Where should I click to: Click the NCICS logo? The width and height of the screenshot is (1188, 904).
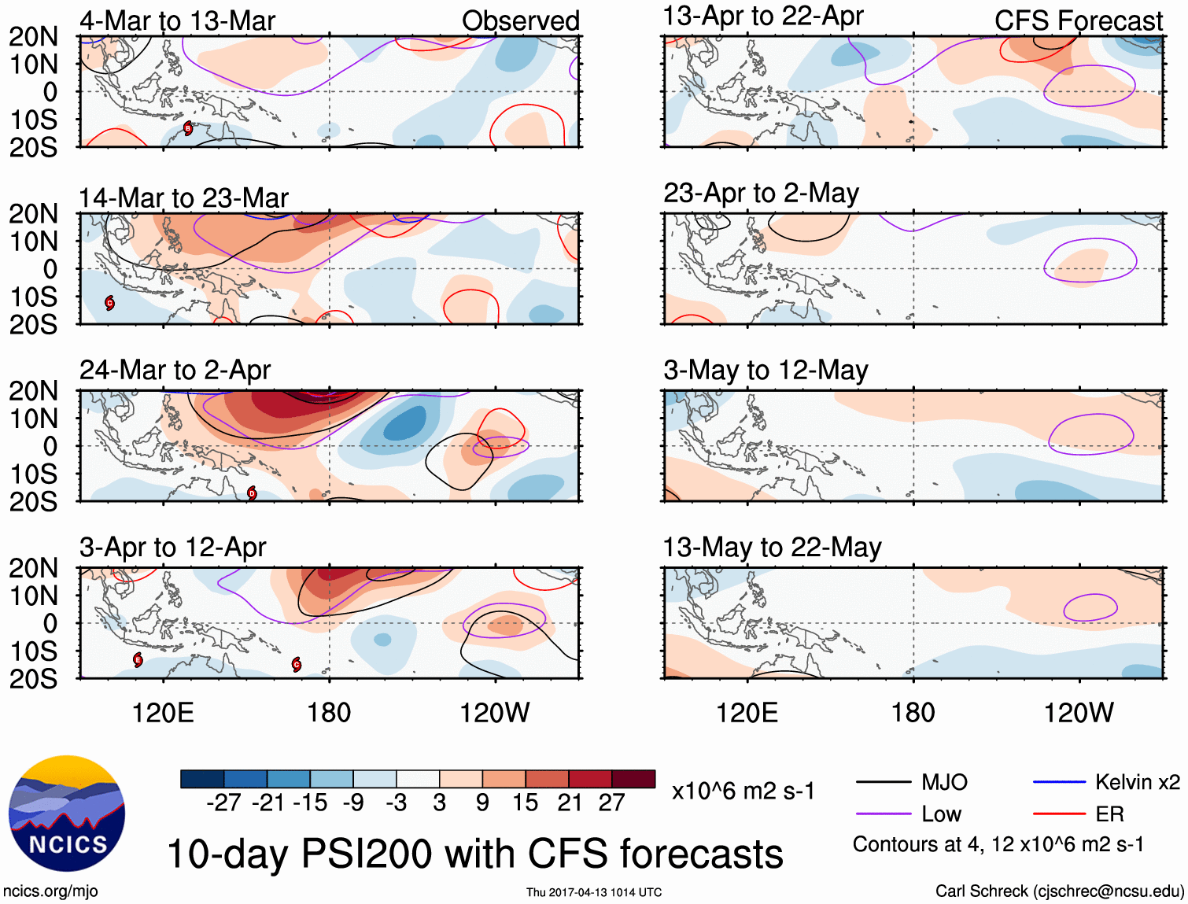pos(66,814)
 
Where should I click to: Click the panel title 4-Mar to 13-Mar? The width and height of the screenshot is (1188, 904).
pos(177,21)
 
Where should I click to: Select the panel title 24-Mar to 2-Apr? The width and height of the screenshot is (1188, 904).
pos(175,370)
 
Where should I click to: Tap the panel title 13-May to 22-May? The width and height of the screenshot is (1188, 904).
pos(772,547)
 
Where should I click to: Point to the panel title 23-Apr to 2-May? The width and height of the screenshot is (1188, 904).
pos(761,193)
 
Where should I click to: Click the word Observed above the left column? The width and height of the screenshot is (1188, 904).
pos(520,21)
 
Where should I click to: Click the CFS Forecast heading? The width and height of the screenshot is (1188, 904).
pos(1078,21)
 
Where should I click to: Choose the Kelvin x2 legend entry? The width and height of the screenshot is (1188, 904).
pos(1137,782)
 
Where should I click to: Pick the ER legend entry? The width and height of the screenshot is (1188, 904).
pos(1109,814)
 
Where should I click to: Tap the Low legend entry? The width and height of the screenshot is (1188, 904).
pos(941,814)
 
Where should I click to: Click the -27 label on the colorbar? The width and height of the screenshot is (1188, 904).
pos(223,803)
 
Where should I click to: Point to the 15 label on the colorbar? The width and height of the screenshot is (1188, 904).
pos(525,803)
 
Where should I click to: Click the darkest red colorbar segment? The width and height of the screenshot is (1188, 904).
pos(633,779)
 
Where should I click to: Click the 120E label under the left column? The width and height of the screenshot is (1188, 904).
pos(163,713)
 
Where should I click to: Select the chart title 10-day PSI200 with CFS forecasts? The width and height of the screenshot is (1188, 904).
pos(475,854)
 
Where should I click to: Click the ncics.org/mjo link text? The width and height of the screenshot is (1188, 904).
pos(50,891)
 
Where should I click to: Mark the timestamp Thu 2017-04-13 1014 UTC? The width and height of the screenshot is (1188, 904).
pos(594,892)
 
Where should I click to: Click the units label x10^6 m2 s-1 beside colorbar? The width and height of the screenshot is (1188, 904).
pos(743,791)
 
